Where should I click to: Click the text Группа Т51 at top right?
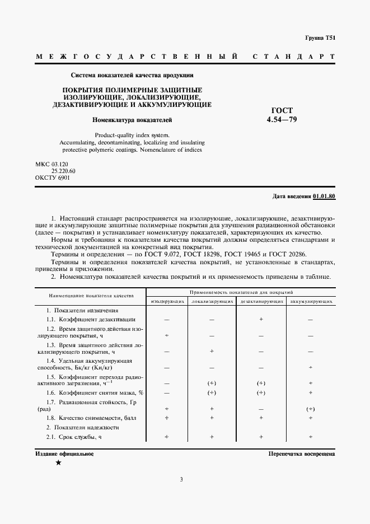coord(320,38)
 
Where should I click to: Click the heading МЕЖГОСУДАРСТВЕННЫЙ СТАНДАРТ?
coord(185,57)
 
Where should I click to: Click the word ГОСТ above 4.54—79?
coord(282,111)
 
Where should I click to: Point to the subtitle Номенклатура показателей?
coord(132,120)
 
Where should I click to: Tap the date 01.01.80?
coord(324,196)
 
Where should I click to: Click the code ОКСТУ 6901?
coord(53,177)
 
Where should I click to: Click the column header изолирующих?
coord(167,301)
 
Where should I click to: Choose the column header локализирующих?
coord(212,301)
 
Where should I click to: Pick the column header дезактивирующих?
coord(261,301)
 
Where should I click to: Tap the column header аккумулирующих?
coord(311,301)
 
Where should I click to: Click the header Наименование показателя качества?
coord(91,295)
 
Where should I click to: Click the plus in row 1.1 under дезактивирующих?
coord(261,319)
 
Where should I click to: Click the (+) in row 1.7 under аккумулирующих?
coord(311,409)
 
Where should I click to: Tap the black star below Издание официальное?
coord(58,463)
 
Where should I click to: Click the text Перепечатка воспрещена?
coord(301,454)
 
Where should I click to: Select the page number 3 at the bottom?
coord(181,479)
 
